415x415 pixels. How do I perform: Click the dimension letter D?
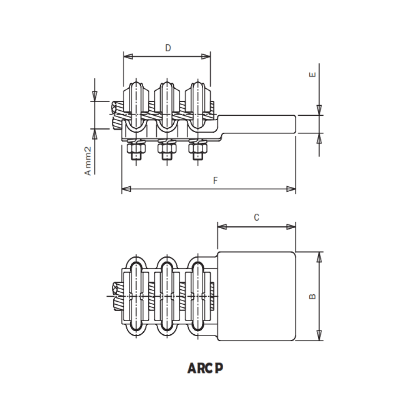point(168,48)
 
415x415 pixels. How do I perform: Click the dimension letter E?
point(313,74)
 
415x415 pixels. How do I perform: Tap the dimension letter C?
point(257,217)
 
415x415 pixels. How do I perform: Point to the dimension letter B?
point(313,296)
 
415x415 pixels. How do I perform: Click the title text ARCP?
point(206,368)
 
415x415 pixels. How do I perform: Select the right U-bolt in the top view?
point(198,296)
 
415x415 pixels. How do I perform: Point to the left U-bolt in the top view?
point(136,296)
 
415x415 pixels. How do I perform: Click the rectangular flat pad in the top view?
point(257,296)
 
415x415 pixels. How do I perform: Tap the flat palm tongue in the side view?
point(257,124)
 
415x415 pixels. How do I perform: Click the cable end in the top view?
point(116,296)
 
